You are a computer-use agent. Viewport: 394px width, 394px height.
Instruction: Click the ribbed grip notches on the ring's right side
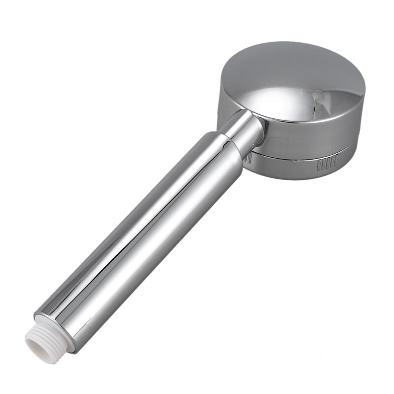328,162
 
